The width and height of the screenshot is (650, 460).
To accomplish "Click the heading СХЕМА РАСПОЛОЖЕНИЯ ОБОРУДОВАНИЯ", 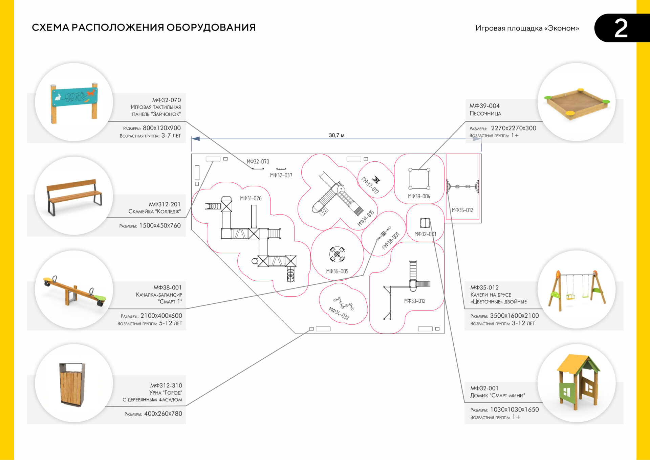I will click(x=144, y=27).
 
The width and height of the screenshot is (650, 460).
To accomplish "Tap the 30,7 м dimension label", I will click(x=337, y=135).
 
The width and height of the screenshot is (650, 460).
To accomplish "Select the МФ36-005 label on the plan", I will click(x=337, y=271).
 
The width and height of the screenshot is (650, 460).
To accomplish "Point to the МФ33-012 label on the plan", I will click(x=415, y=301).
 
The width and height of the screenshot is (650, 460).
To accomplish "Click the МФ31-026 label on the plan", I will click(x=251, y=198).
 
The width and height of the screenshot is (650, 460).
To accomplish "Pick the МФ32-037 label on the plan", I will click(x=281, y=175).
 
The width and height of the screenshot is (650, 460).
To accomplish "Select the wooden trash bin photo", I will click(x=72, y=384).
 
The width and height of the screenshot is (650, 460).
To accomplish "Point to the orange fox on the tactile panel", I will click(x=90, y=92).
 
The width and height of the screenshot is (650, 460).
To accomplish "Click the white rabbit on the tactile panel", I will click(x=58, y=97).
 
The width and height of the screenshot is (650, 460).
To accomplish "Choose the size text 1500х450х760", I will click(x=160, y=225).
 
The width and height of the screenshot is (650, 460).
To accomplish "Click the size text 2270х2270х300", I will click(x=513, y=128).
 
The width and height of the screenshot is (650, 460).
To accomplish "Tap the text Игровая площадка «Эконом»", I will click(x=527, y=28).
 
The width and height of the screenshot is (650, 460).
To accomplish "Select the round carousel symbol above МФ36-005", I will click(x=337, y=254).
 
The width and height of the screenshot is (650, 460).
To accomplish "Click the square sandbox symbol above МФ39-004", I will click(x=419, y=179).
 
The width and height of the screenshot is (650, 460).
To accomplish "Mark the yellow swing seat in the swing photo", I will click(x=570, y=297).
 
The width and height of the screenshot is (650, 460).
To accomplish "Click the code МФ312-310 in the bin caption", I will click(x=166, y=385).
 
